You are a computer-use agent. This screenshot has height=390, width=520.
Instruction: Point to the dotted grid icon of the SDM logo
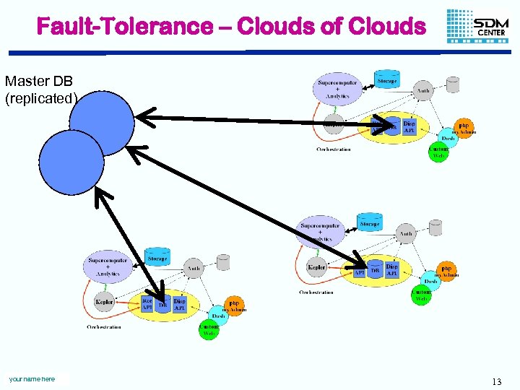(x=459, y=25)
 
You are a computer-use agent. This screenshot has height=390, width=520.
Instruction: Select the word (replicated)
(x=40, y=98)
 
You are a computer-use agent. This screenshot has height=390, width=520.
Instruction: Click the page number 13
(x=496, y=381)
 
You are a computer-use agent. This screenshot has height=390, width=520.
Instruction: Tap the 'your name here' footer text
(x=32, y=379)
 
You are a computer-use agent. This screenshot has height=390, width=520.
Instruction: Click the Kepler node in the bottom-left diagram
(x=105, y=301)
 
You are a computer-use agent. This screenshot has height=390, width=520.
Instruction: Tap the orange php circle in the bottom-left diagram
(x=233, y=305)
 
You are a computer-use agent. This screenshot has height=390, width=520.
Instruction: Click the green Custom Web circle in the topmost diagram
(x=438, y=153)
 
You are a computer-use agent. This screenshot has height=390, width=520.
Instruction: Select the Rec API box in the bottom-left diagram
(x=147, y=304)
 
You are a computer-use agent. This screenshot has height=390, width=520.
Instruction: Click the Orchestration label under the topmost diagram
(x=333, y=149)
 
